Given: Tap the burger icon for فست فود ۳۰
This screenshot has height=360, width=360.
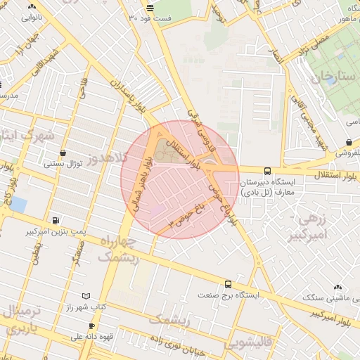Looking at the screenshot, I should click(x=150, y=7).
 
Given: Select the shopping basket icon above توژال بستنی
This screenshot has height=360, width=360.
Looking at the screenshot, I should click(x=64, y=153).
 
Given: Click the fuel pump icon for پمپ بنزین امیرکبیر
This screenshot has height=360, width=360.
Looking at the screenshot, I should click(x=56, y=220).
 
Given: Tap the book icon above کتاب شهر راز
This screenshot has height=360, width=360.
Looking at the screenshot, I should click(x=86, y=297).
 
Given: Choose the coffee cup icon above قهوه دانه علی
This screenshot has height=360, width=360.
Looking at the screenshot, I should click(x=91, y=326).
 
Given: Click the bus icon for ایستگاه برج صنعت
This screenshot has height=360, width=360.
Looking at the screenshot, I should click(x=228, y=284).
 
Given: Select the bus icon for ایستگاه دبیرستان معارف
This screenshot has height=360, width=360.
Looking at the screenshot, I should click(x=267, y=171).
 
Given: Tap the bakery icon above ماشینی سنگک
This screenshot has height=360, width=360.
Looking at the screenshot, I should click(x=338, y=287).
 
